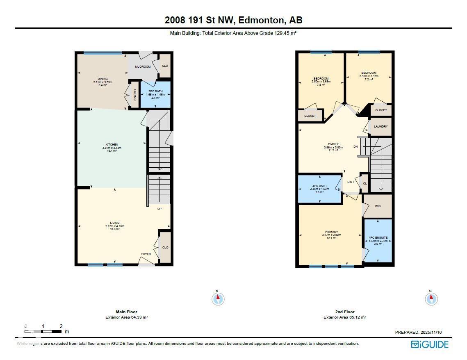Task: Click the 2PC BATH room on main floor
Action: [155, 94]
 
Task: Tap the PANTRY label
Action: [135, 95]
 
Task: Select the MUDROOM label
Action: [143, 66]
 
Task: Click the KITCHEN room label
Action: [112, 145]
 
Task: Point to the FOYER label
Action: [146, 254]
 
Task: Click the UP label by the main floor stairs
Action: [160, 209]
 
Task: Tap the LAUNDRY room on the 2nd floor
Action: [380, 126]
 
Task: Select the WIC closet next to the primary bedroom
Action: [378, 206]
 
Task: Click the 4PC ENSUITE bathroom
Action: [378, 240]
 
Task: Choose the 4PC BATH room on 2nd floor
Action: [319, 189]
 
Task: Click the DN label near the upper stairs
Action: [356, 146]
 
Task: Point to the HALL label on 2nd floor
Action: [351, 182]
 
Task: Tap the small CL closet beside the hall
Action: [364, 183]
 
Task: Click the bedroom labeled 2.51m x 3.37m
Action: [369, 76]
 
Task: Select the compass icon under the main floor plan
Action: [218, 298]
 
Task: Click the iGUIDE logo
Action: [430, 344]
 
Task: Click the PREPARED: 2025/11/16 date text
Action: [418, 333]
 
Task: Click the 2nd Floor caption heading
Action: [344, 312]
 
